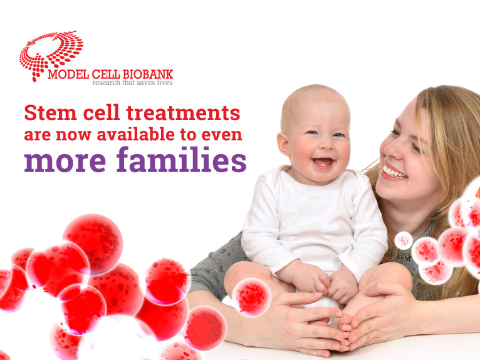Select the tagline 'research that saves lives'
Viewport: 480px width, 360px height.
click(x=133, y=83)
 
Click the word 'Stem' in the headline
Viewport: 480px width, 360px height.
click(x=51, y=113)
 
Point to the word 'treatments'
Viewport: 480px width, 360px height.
click(x=183, y=113)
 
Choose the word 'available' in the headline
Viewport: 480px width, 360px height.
click(x=135, y=135)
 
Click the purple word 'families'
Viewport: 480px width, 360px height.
click(x=182, y=160)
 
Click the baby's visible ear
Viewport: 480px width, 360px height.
click(x=284, y=144)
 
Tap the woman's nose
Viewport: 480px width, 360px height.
click(x=388, y=149)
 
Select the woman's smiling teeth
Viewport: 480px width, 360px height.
click(x=395, y=173)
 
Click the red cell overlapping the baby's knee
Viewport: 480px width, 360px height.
click(x=252, y=297)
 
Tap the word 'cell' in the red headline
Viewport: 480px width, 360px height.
click(x=102, y=113)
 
